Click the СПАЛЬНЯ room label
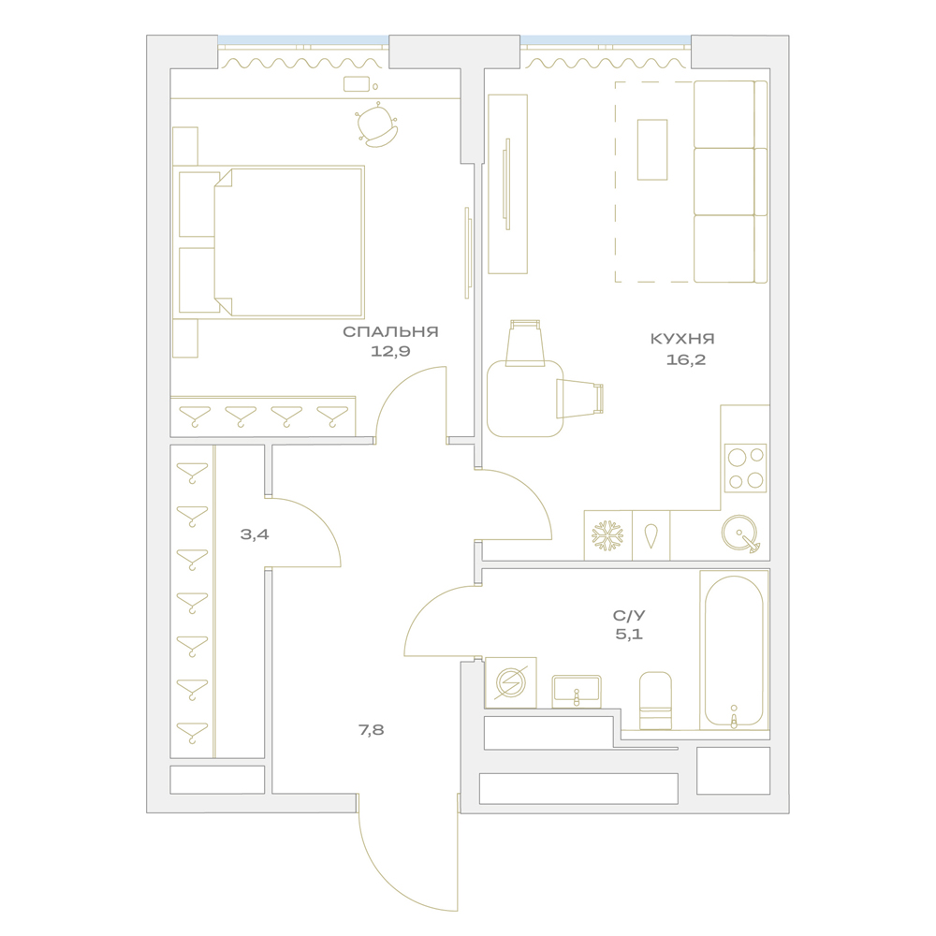pos(390,332)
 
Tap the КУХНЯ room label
pos(682,339)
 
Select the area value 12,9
pos(390,351)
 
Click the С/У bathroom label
pos(629,615)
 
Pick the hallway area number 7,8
pos(371,730)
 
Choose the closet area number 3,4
pos(255,534)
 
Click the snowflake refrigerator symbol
pos(607,535)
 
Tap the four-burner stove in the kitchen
pos(745,468)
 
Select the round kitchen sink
pos(739,534)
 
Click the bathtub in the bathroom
pos(734,651)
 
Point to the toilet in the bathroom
pos(655,701)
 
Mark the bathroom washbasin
pos(576,692)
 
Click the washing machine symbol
pos(510,682)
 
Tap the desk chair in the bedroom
pos(377,125)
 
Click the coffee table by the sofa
pos(651,149)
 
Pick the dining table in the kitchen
pos(525,398)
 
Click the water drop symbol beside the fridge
pos(651,536)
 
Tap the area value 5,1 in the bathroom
pos(629,634)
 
